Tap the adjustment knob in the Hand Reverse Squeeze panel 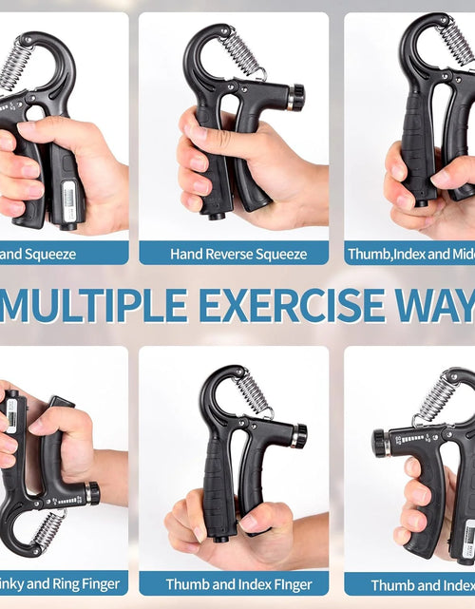tap(296, 97)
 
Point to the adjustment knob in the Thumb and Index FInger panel tap(298, 436)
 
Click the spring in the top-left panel tap(15, 67)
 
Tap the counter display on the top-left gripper tap(67, 200)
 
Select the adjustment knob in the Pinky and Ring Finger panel tap(91, 493)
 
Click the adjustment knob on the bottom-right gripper tap(381, 443)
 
